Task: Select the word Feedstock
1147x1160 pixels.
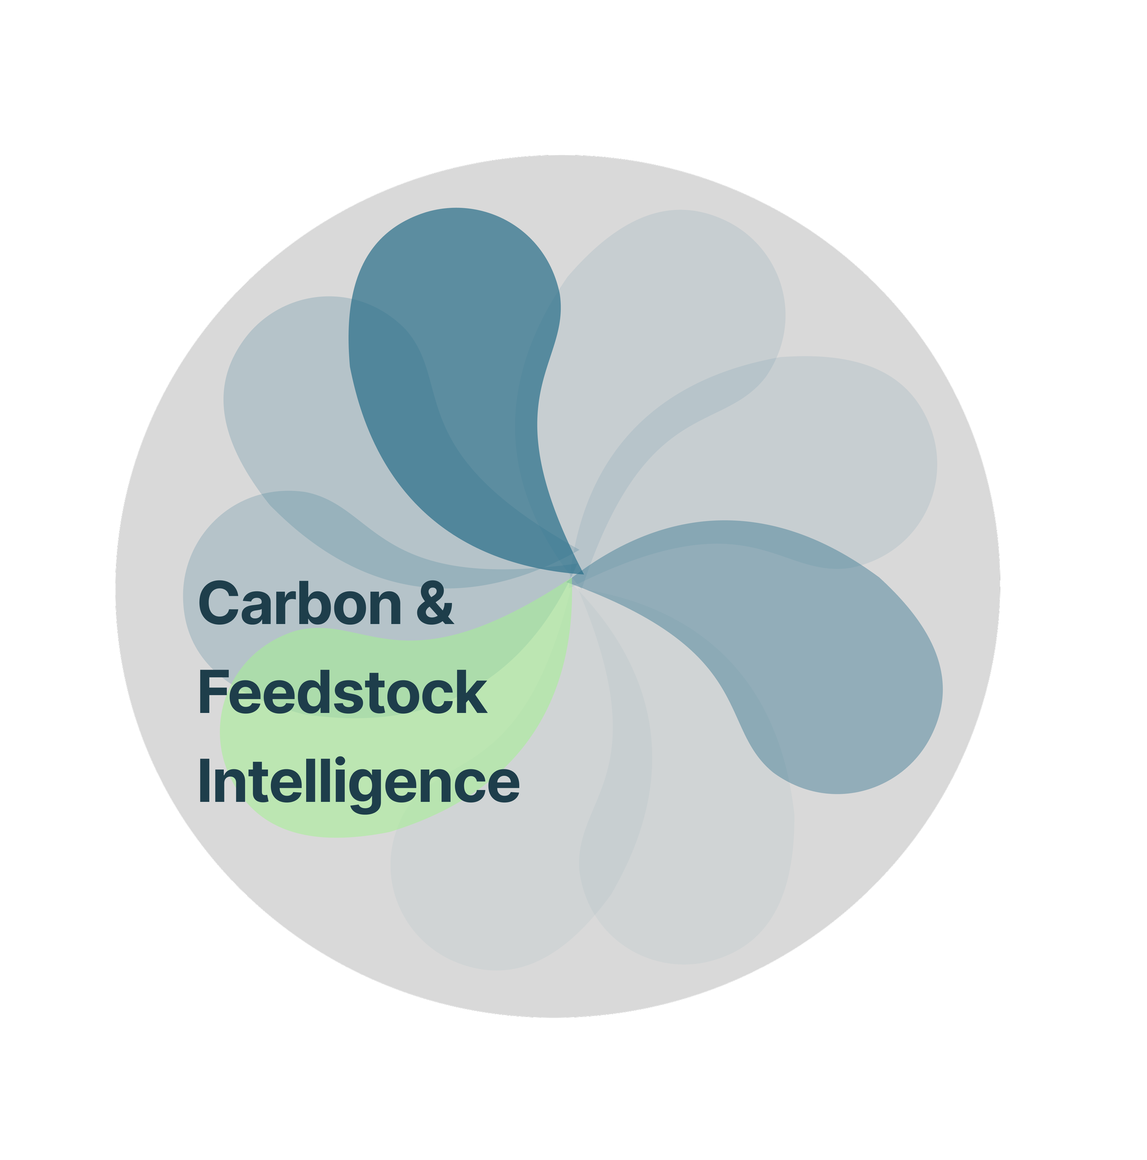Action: click(342, 693)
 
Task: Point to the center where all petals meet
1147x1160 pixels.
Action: click(578, 574)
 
